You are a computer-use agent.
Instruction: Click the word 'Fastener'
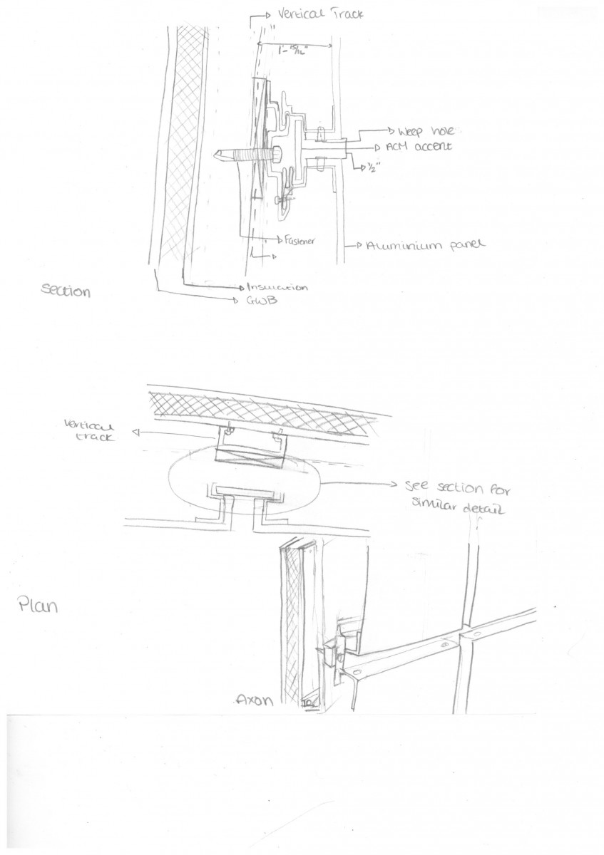[299, 240]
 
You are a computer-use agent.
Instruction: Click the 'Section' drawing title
[66, 291]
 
